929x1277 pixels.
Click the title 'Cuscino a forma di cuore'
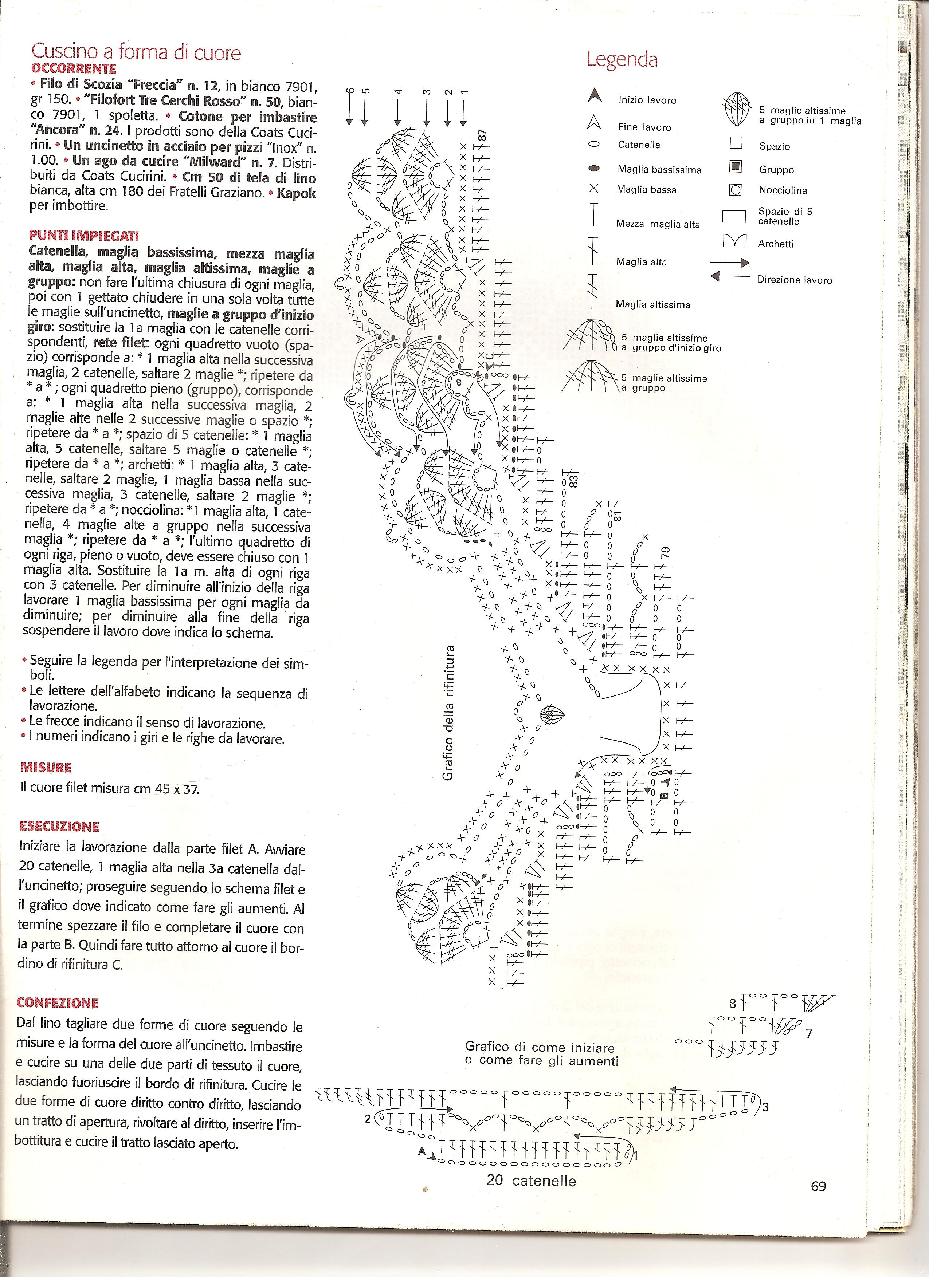tap(136, 52)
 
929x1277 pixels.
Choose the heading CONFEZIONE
tap(58, 1003)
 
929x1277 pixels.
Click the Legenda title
tap(622, 59)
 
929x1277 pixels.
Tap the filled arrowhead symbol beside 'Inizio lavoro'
tap(594, 96)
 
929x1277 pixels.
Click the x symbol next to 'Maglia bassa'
tap(593, 189)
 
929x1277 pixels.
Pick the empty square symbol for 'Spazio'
tap(736, 143)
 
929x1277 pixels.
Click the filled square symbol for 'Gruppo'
tap(736, 167)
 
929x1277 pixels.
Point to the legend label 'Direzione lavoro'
tap(794, 280)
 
